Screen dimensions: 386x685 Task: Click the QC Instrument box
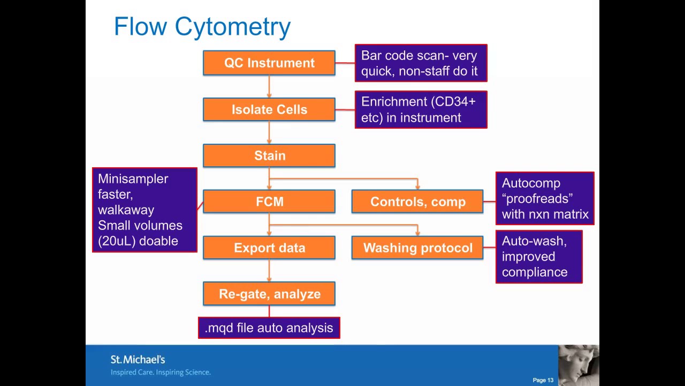point(269,63)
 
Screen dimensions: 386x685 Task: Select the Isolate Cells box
point(269,109)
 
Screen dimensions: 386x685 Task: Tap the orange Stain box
point(269,155)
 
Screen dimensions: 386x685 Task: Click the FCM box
point(269,202)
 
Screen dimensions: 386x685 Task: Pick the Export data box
point(269,248)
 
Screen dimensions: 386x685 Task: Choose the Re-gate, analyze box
point(269,294)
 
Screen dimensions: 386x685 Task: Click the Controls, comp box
point(417,202)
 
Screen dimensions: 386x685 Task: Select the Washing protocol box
point(417,248)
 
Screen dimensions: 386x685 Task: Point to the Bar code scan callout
point(421,63)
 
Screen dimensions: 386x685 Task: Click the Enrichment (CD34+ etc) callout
point(421,109)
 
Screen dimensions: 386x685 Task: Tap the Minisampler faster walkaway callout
point(144,210)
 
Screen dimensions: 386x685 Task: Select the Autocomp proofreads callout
point(545,198)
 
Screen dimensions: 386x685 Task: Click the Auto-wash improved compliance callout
point(538,257)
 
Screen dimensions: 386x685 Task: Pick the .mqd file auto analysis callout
point(269,328)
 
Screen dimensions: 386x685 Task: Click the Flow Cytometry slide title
point(202,27)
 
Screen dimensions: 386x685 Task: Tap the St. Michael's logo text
point(138,360)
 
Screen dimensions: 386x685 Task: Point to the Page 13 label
point(543,380)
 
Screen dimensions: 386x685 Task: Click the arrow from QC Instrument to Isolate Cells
point(269,86)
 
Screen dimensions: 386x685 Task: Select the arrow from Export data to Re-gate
point(269,271)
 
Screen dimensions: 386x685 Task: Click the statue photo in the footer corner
point(578,365)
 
